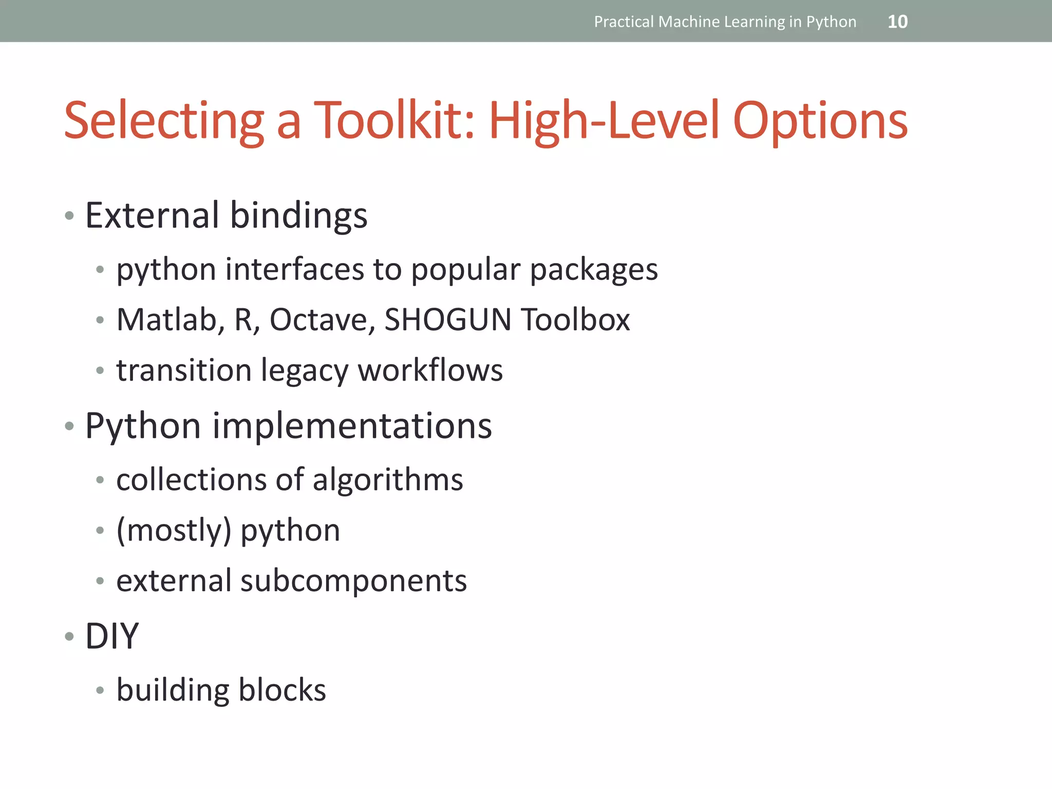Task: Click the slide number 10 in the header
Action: coord(897,22)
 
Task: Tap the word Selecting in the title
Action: coord(164,121)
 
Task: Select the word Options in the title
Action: coord(820,121)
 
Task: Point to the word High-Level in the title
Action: coord(604,121)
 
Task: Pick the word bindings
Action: coord(298,216)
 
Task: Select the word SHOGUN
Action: coord(447,320)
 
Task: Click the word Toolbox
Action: coord(575,320)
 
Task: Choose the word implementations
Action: coord(352,426)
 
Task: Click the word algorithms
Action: coord(388,480)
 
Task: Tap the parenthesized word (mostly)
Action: coord(174,531)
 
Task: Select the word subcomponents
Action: coord(353,581)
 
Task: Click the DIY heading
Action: coord(111,636)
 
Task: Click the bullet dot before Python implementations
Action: coord(69,426)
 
